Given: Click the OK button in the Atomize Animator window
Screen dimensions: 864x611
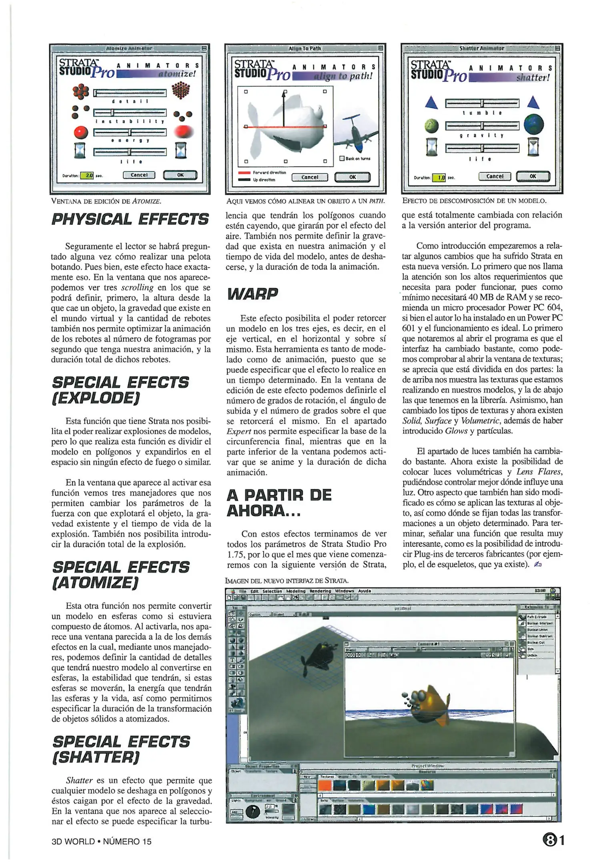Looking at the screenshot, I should [180, 175].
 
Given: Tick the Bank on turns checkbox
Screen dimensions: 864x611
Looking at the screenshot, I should [342, 158].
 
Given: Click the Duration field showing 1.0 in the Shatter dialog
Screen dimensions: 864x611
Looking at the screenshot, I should [440, 178].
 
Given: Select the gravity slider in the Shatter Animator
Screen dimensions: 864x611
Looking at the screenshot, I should [482, 126].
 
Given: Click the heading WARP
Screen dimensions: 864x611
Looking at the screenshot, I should [252, 294].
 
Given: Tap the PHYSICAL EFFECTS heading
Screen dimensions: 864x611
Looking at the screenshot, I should [130, 219].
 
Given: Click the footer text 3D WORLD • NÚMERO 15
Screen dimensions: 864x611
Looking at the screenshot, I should [102, 841].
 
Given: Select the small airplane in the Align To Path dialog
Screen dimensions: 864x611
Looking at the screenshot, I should [355, 132].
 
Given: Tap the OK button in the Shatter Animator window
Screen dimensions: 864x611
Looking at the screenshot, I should [533, 176].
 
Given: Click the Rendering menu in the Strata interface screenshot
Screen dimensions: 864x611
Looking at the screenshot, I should [320, 591].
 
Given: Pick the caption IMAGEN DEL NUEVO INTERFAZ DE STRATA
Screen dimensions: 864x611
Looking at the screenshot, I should [286, 580].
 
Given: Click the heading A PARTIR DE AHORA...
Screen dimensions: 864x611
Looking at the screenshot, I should [278, 502].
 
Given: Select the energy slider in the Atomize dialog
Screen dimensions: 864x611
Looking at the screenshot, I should [130, 132].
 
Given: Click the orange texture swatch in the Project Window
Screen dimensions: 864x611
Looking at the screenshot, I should [325, 785].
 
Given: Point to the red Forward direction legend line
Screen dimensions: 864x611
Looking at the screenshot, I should [244, 172].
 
